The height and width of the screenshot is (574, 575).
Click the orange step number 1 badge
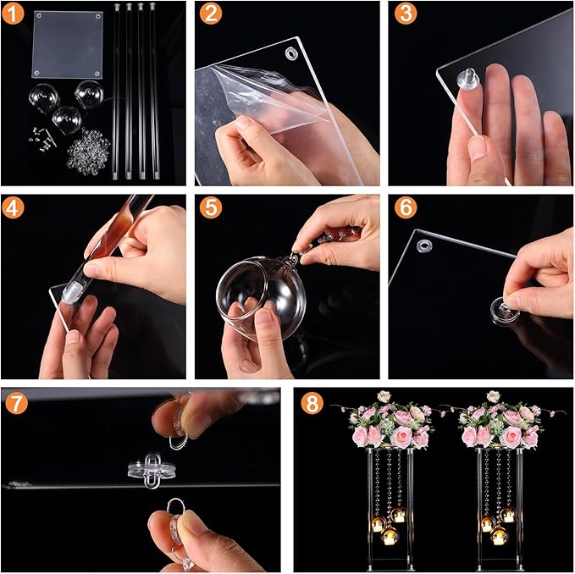pos(13,14)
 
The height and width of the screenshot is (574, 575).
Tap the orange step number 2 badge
pos(211,14)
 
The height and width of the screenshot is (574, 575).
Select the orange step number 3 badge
pos(406,14)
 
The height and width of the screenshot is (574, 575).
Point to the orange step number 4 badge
pos(13,207)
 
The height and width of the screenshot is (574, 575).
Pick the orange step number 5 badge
pos(211,207)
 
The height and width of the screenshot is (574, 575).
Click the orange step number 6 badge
pos(406,207)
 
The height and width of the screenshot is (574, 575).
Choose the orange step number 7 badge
pos(16,403)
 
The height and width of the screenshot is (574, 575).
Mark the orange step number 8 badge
pos(312,403)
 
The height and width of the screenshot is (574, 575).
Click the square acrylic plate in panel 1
pos(68,45)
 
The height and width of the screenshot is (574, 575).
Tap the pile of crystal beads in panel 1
pos(88,151)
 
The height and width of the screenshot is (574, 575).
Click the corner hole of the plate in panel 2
pos(292,53)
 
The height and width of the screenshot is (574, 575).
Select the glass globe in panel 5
pos(261,297)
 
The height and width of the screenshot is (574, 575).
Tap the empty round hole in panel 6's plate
pos(424,245)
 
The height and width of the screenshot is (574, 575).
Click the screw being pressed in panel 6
pos(505,312)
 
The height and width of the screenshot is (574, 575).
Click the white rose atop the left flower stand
pos(384,396)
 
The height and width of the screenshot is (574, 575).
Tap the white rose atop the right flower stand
pos(493,396)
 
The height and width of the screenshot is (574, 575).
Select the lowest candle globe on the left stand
pos(390,535)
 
